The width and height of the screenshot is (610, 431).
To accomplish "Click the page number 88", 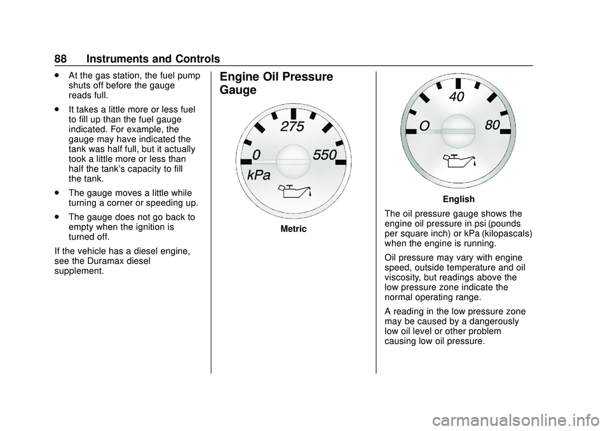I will point(60,59).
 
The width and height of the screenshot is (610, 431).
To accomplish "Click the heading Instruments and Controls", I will point(153,59).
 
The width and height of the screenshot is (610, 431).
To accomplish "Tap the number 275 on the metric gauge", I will point(292,127).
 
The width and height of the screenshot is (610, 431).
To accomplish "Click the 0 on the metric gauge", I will point(256,154).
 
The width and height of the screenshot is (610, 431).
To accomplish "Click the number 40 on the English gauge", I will point(456,97).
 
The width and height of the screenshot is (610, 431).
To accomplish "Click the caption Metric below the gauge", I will point(293,229).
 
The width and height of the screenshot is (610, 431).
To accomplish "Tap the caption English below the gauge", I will point(458,200).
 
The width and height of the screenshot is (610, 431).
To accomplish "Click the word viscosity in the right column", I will point(405,277).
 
